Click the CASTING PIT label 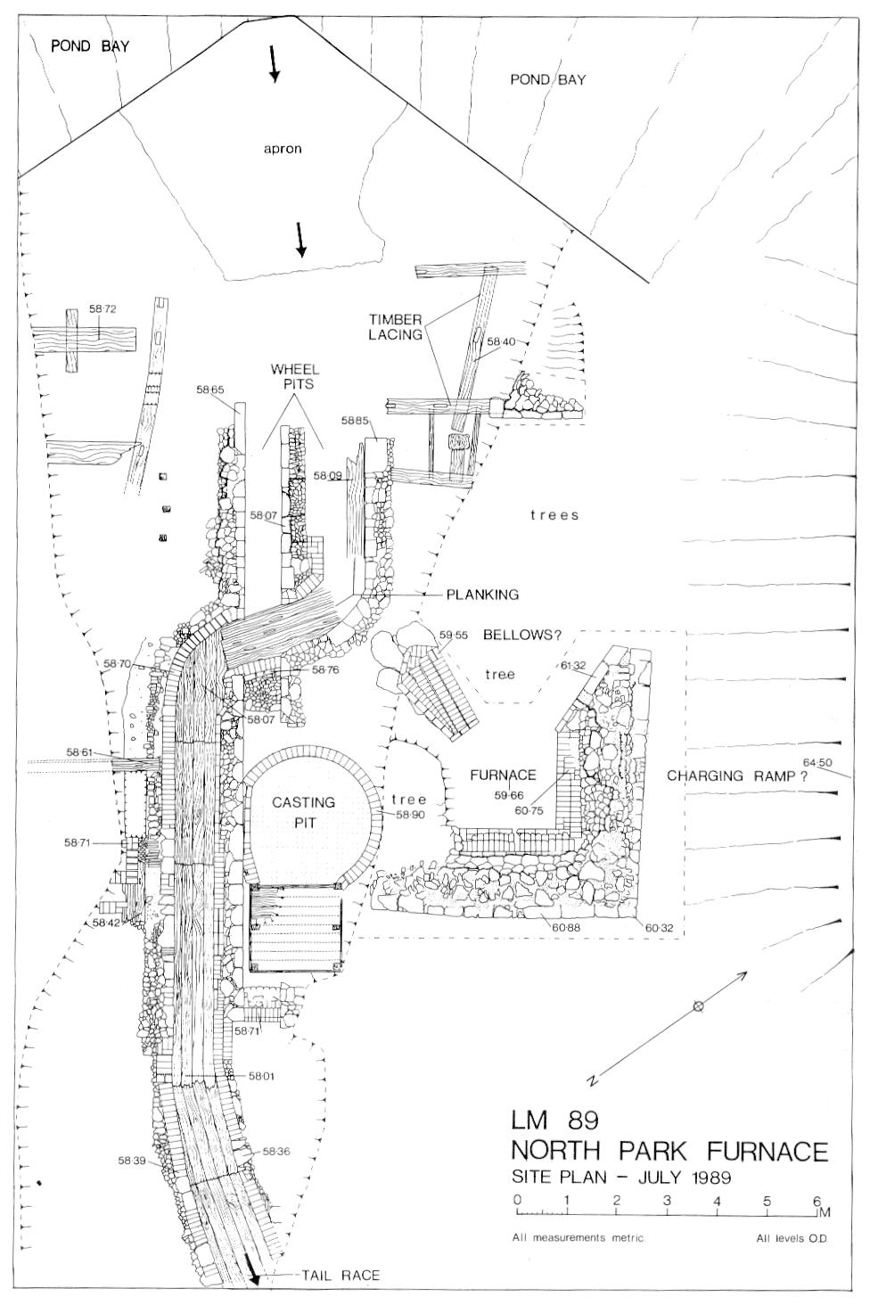[304, 811]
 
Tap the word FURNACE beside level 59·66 [503, 775]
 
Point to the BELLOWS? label [521, 635]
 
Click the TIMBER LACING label [395, 327]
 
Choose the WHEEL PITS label [294, 377]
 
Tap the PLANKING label [482, 595]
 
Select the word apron [283, 149]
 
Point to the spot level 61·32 [575, 665]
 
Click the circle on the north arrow [699, 1005]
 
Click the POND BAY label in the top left [90, 46]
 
